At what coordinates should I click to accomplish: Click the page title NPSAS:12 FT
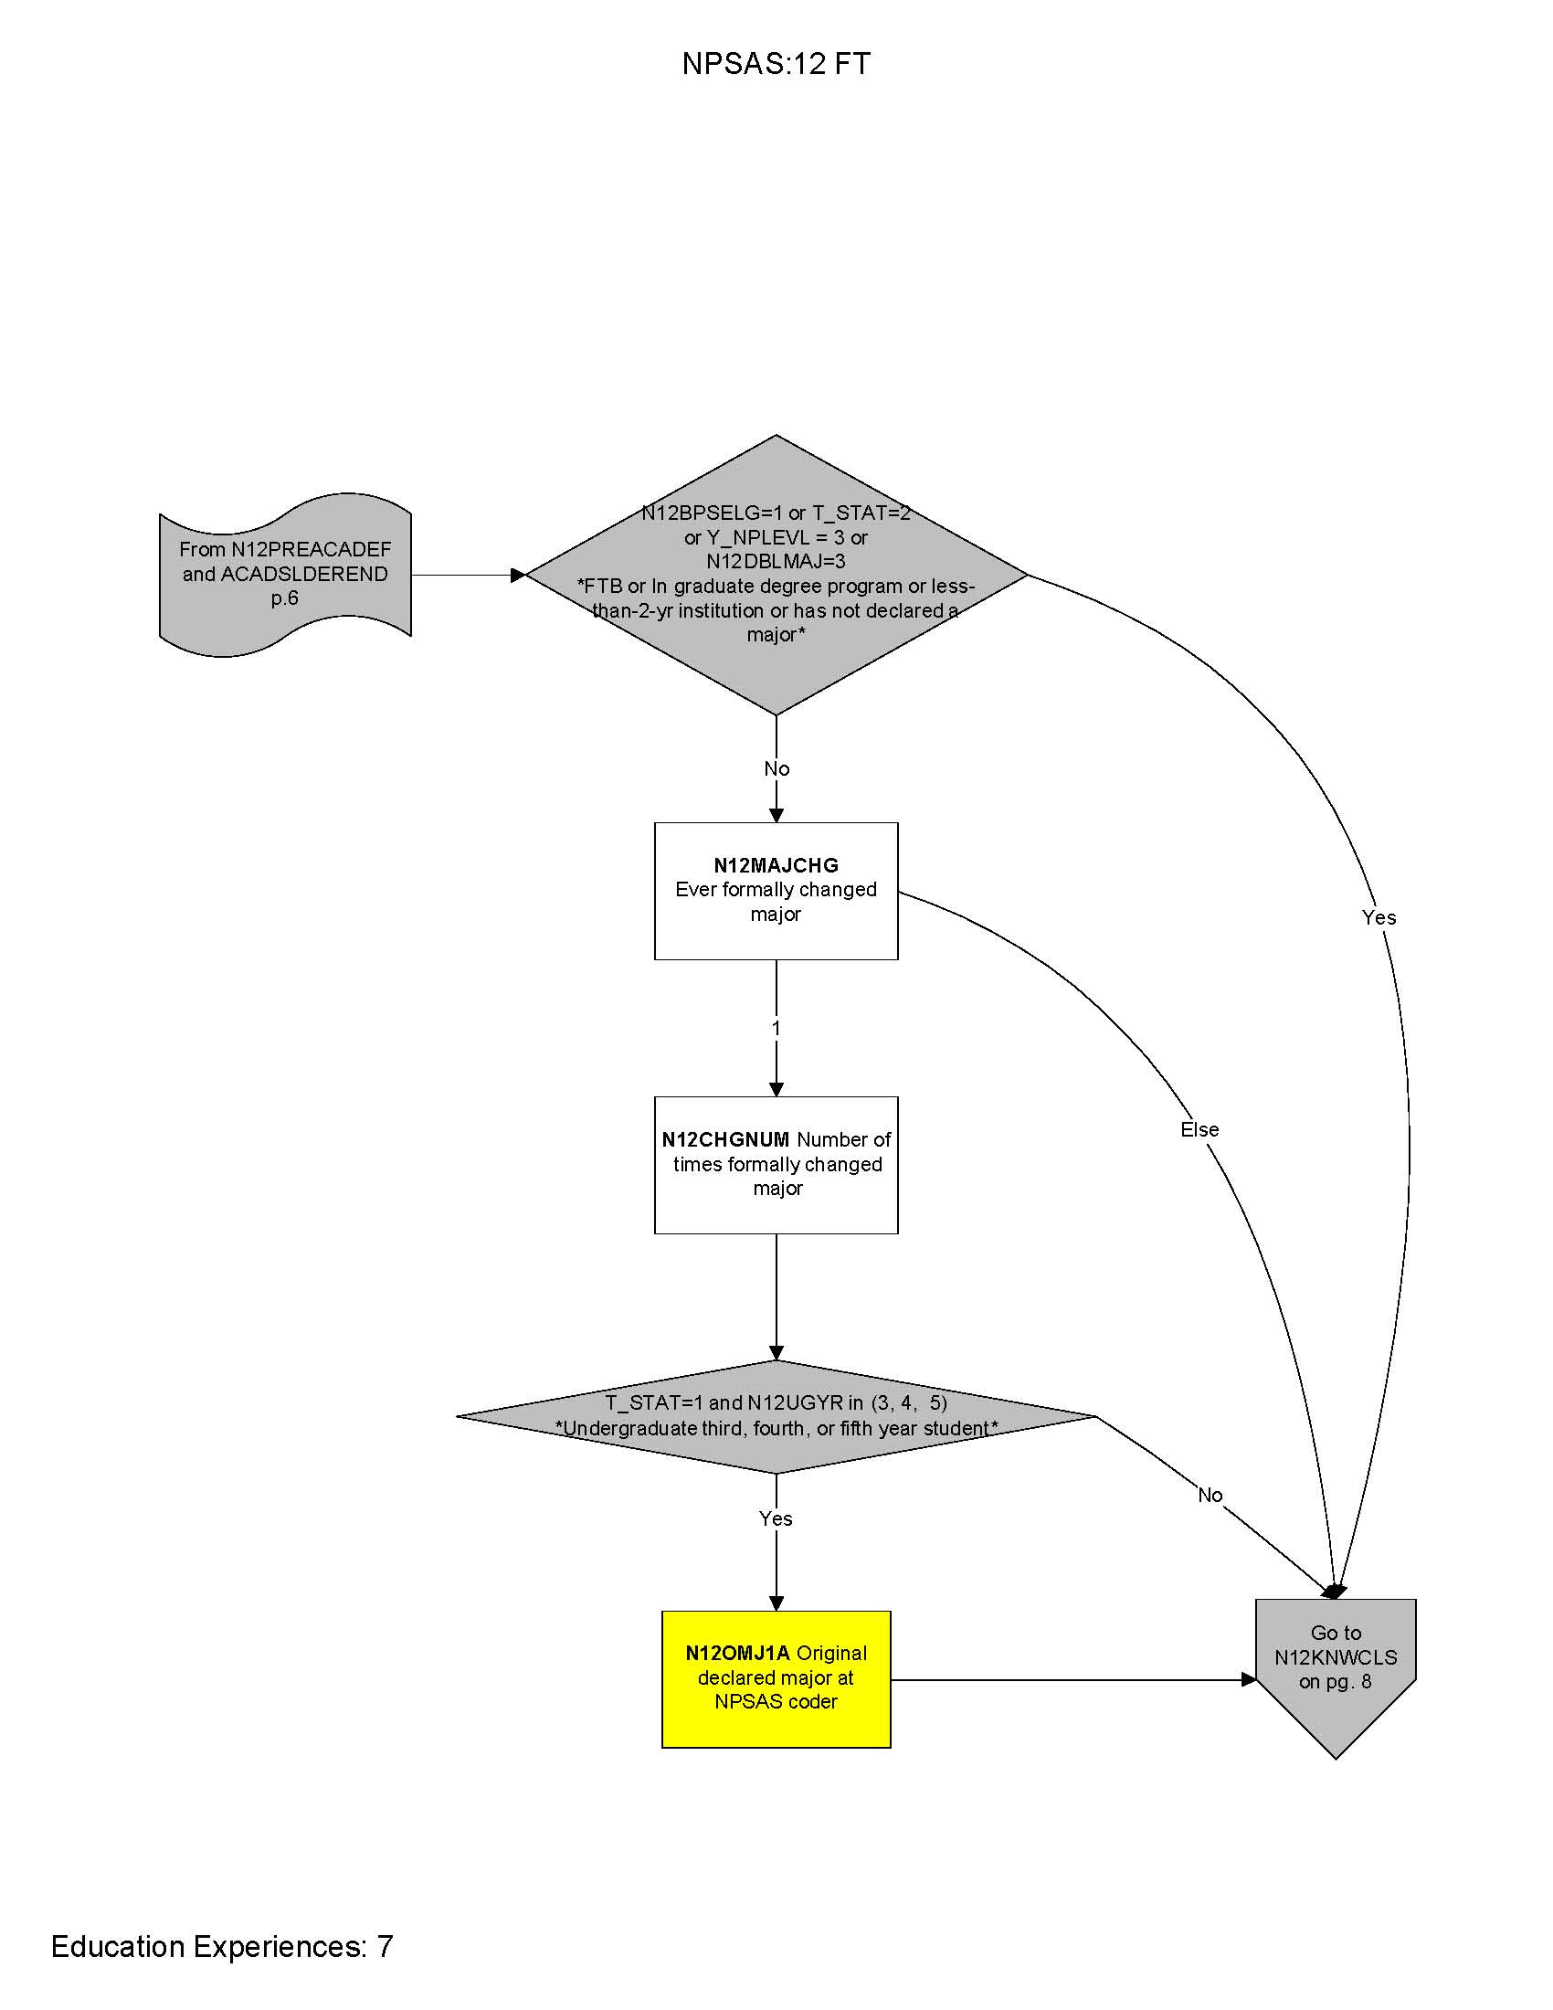(x=776, y=64)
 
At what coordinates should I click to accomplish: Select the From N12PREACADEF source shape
(x=285, y=575)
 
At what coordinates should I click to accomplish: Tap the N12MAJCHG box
(x=776, y=890)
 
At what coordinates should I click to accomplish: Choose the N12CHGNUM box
(x=776, y=1164)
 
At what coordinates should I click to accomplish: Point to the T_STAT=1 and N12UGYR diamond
(x=776, y=1415)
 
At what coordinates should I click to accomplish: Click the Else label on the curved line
(x=1199, y=1129)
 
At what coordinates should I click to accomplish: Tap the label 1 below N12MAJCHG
(x=776, y=1028)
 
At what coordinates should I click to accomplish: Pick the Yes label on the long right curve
(x=1379, y=917)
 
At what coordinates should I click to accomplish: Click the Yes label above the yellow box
(x=776, y=1518)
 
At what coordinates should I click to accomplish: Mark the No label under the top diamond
(x=776, y=768)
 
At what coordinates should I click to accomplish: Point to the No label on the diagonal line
(x=1210, y=1496)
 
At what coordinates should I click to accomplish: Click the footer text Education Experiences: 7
(x=222, y=1946)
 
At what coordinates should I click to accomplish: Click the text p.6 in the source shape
(x=285, y=598)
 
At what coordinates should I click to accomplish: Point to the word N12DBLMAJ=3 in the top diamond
(x=776, y=561)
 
